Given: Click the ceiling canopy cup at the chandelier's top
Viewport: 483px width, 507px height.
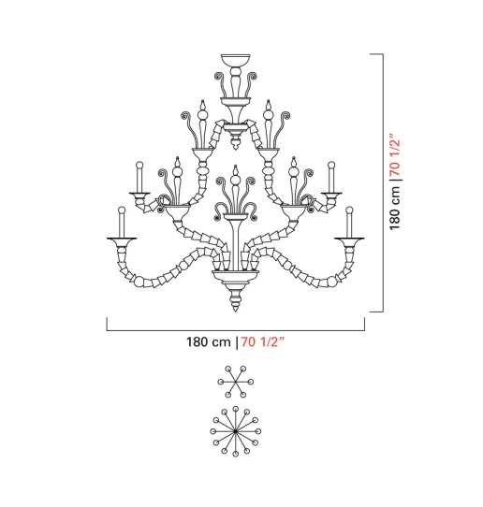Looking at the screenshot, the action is point(236,60).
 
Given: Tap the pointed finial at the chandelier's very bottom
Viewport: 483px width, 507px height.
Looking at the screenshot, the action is point(236,299).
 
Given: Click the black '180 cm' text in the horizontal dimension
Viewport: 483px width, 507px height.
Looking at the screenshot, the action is point(209,341).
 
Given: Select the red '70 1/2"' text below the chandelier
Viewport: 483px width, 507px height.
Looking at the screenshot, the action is point(262,341).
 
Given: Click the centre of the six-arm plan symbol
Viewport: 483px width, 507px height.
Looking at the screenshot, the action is point(236,382).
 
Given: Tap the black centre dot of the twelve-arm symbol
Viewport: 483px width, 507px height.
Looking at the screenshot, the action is point(236,431).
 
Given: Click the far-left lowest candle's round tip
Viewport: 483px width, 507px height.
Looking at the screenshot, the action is point(122,210).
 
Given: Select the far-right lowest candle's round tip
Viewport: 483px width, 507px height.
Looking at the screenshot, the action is point(349,210).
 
